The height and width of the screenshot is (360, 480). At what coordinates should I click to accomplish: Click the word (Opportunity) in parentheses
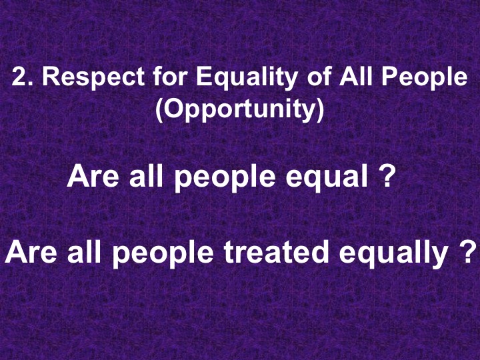coord(239,109)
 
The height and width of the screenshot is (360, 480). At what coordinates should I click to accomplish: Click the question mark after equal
coord(383,177)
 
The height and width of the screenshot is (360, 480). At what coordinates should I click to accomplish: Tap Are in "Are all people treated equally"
coord(29,252)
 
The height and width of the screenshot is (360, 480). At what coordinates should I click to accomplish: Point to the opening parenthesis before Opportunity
coord(159,109)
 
